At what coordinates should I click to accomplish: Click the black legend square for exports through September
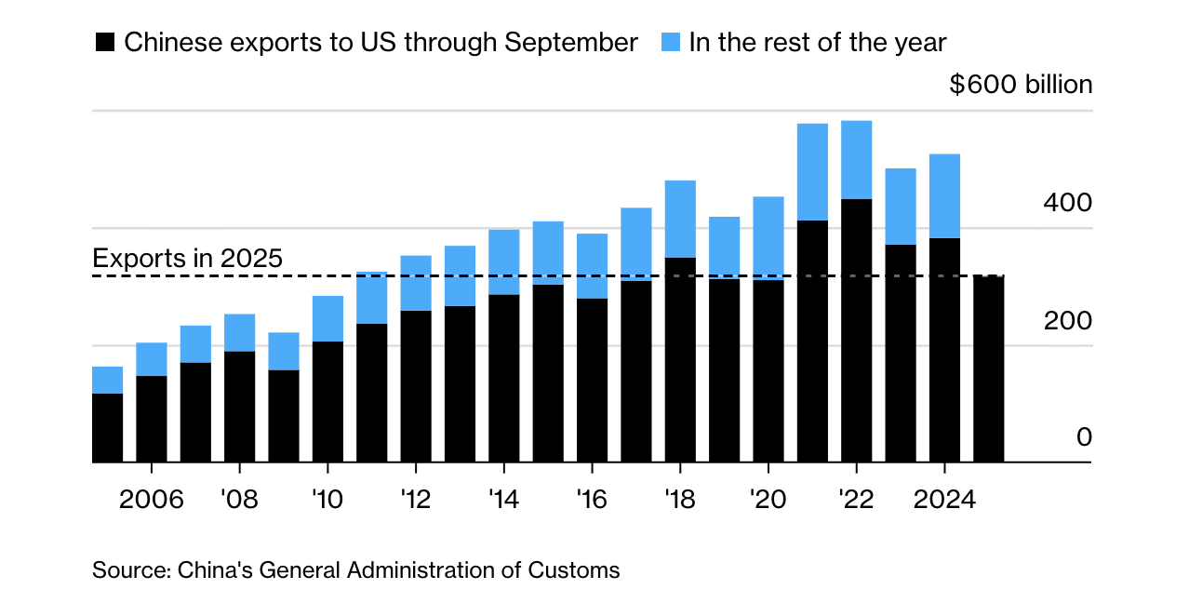105,43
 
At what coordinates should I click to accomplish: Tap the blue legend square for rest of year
671,43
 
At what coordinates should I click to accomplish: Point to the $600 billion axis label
1021,85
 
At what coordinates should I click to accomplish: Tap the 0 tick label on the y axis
1084,437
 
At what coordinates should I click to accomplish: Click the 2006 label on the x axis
152,500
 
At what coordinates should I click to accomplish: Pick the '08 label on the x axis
239,500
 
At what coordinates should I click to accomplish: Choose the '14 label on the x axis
503,500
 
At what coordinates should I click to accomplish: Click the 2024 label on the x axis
944,500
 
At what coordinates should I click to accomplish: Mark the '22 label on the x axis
856,500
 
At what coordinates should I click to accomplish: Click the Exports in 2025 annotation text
187,258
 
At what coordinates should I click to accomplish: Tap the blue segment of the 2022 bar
857,159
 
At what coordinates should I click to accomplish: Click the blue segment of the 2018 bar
680,219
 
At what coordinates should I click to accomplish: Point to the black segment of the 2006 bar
152,419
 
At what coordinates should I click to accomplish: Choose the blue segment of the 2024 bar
945,195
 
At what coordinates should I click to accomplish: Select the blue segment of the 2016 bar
592,266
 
